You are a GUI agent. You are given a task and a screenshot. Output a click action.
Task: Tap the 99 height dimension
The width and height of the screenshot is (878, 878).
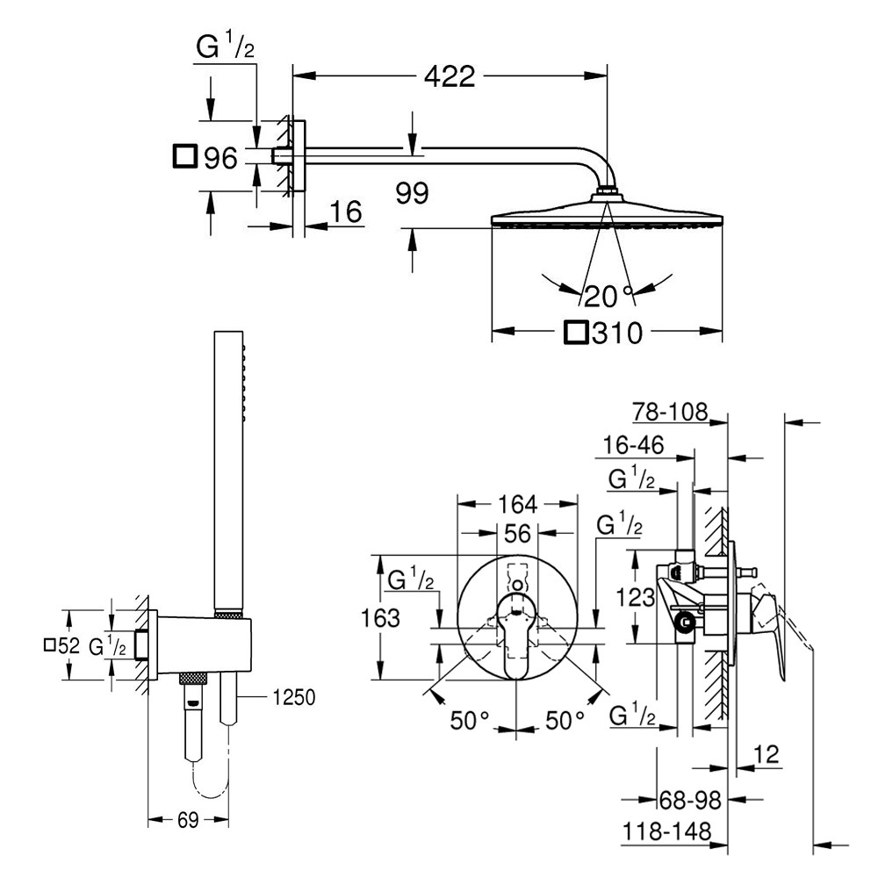tap(411, 193)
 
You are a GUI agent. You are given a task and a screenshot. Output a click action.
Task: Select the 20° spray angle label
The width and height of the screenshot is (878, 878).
tap(608, 296)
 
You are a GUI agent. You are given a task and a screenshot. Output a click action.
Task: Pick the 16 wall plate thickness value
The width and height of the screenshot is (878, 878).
tap(347, 212)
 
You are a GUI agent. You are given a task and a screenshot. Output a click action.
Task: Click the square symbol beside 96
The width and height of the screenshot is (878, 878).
tap(185, 156)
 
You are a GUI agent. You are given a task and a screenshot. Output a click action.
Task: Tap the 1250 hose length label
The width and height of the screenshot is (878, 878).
tap(293, 697)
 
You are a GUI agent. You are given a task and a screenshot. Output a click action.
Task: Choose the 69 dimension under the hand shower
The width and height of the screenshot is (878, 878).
tap(188, 820)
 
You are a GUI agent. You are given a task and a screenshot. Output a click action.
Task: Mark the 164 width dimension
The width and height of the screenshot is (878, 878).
tap(517, 505)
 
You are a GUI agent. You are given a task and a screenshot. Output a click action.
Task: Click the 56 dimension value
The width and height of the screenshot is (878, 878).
tap(517, 534)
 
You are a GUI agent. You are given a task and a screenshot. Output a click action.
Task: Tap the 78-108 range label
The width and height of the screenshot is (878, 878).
tap(670, 412)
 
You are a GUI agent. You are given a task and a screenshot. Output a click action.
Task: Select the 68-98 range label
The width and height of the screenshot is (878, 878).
tap(689, 799)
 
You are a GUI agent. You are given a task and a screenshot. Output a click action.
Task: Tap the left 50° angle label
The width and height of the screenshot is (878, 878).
tap(470, 721)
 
